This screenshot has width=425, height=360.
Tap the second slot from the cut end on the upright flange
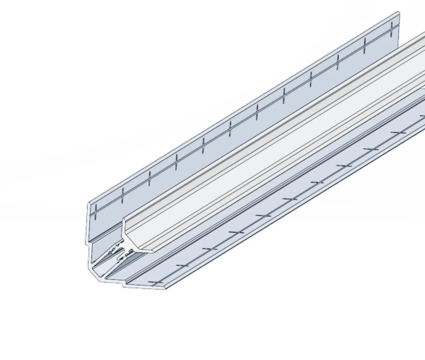123,195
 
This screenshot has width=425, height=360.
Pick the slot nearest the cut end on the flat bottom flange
156,282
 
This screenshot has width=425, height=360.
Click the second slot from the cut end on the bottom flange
183,266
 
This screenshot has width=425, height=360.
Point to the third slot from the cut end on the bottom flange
210,248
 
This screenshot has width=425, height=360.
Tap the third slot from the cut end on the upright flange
150,179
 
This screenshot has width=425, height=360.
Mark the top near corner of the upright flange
89,203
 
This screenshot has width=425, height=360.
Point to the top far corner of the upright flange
398,13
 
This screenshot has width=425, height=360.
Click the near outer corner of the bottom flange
165,289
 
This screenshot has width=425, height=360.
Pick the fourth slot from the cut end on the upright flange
176,162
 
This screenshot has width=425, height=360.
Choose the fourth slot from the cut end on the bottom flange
237,232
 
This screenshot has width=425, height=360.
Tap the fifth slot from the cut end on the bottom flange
264,215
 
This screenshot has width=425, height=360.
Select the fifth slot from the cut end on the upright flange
203,145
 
